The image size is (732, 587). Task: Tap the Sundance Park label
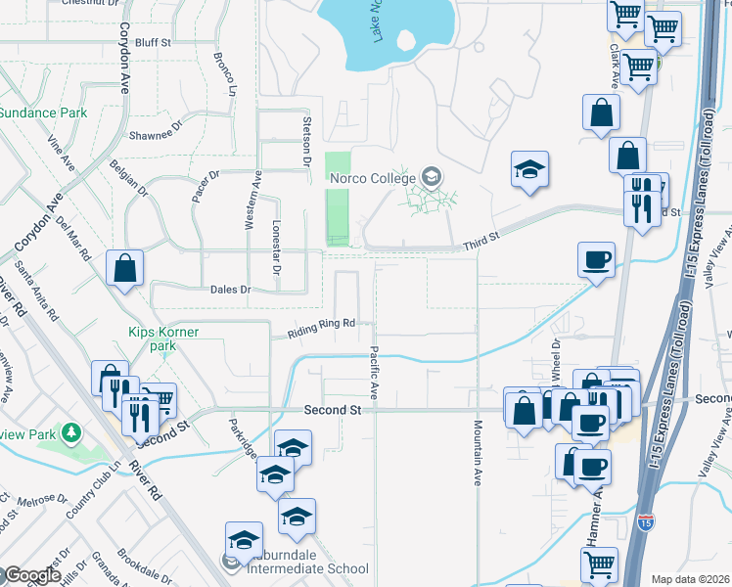(x=43, y=113)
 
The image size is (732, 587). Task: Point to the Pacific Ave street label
(x=374, y=371)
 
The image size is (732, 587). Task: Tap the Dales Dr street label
(x=231, y=290)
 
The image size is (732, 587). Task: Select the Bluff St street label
(x=154, y=43)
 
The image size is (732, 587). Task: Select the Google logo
(x=31, y=575)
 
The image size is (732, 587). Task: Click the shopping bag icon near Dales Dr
(x=125, y=267)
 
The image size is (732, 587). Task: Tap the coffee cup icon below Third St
(x=596, y=259)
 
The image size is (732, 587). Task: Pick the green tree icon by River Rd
(x=70, y=431)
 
